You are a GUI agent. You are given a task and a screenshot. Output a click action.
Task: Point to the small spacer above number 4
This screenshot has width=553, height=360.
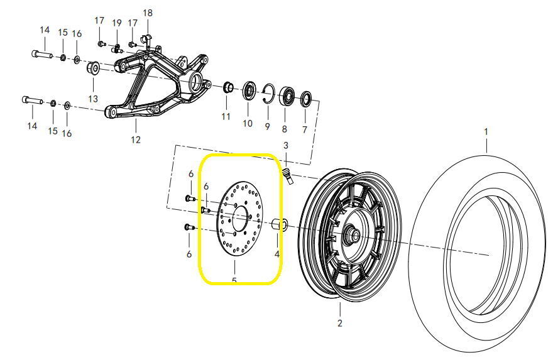(280, 224)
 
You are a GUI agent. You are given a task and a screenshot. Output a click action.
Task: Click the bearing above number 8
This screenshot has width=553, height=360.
(288, 95)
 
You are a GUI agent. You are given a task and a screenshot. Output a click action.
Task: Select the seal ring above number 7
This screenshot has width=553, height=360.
(307, 98)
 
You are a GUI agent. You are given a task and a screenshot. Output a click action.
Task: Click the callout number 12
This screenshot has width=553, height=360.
(135, 139)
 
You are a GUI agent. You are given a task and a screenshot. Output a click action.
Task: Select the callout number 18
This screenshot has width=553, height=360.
(148, 13)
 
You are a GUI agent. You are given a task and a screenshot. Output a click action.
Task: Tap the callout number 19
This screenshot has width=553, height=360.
(117, 23)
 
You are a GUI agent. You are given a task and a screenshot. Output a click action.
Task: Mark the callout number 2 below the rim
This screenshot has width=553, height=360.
(339, 324)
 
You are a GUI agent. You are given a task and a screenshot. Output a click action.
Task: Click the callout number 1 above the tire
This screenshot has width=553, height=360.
(485, 132)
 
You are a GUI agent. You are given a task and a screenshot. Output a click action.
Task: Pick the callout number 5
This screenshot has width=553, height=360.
(234, 281)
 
